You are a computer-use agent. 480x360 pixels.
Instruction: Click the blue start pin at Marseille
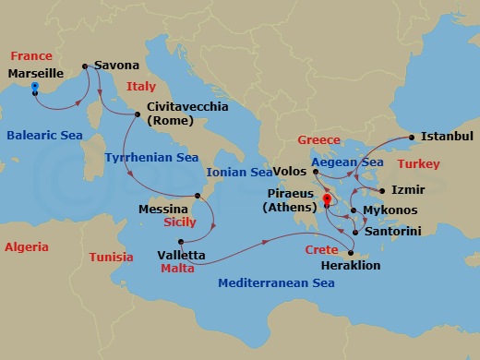click(34, 89)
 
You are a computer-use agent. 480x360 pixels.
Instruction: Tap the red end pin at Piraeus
click(327, 198)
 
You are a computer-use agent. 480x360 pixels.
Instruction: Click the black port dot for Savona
click(84, 66)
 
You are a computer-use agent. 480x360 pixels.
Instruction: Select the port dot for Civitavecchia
click(138, 114)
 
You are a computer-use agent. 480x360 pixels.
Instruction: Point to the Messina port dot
click(197, 196)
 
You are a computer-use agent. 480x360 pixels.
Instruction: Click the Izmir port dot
click(381, 190)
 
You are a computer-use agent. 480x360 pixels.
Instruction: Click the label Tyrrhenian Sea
click(150, 158)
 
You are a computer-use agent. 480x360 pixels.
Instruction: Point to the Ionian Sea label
click(239, 172)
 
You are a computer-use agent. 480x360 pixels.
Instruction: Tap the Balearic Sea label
click(44, 136)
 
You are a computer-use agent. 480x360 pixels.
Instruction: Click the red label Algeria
click(27, 246)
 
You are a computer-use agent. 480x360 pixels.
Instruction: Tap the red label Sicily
click(179, 222)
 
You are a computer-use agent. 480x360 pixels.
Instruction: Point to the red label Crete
click(320, 250)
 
